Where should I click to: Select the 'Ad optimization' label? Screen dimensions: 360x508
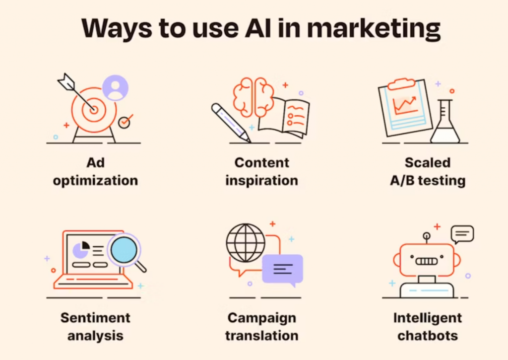pyautogui.click(x=95, y=171)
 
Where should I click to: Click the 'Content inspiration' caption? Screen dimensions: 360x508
pyautogui.click(x=261, y=171)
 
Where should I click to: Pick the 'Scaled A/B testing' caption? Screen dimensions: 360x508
pyautogui.click(x=427, y=171)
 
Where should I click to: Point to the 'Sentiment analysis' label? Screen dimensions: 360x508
pyautogui.click(x=95, y=326)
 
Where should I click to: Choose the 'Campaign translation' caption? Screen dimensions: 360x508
pyautogui.click(x=261, y=326)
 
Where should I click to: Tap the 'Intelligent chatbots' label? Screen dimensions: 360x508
pyautogui.click(x=427, y=326)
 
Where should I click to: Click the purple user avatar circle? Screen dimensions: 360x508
pyautogui.click(x=116, y=88)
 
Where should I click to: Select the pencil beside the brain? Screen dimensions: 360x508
pyautogui.click(x=230, y=122)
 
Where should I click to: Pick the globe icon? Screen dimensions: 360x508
pyautogui.click(x=246, y=243)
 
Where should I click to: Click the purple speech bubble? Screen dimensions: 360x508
pyautogui.click(x=282, y=269)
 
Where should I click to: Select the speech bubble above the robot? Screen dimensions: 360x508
pyautogui.click(x=462, y=233)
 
